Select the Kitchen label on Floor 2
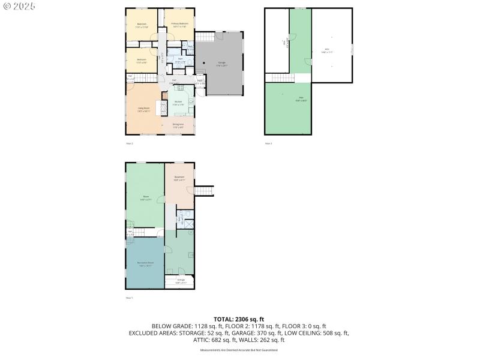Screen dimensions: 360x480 tap(178, 103)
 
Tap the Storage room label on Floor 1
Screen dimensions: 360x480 tap(181, 281)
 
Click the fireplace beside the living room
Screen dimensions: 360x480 tap(160, 107)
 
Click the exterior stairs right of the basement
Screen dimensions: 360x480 tap(206, 191)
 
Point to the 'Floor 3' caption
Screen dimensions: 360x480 tap(268, 143)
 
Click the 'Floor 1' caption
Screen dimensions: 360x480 tap(129, 298)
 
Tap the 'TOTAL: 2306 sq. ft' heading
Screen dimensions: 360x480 tap(239, 319)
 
